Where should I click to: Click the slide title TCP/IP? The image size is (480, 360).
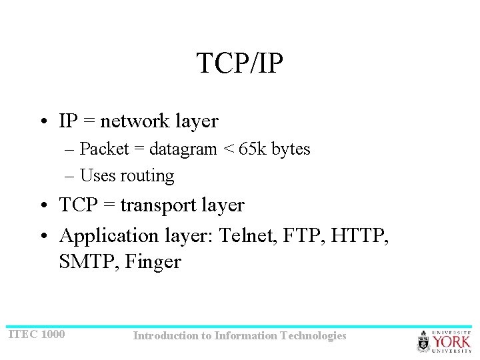pos(240,63)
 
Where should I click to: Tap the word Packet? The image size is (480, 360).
pos(101,149)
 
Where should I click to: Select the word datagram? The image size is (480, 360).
pos(183,150)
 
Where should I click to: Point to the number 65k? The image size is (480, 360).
pos(252,149)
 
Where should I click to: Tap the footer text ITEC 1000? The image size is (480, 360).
pos(37,334)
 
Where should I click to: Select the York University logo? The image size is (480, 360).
pos(444,341)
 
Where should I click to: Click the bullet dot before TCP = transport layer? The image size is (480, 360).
pos(42,206)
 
